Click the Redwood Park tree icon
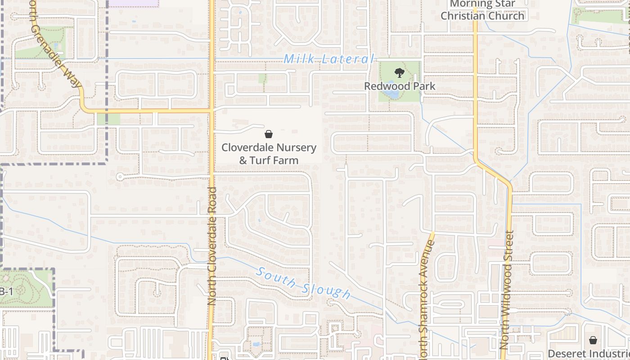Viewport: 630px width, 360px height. coord(399,73)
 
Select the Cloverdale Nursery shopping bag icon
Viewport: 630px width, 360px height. coord(269,134)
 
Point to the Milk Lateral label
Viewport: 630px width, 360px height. coord(329,59)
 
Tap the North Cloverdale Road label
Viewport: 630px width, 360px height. coord(212,247)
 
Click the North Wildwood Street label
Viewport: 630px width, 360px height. coord(507,290)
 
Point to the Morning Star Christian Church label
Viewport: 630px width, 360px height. coord(482,10)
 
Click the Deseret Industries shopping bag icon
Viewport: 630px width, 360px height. coord(593,340)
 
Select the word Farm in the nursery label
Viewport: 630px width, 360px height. coord(286,160)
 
